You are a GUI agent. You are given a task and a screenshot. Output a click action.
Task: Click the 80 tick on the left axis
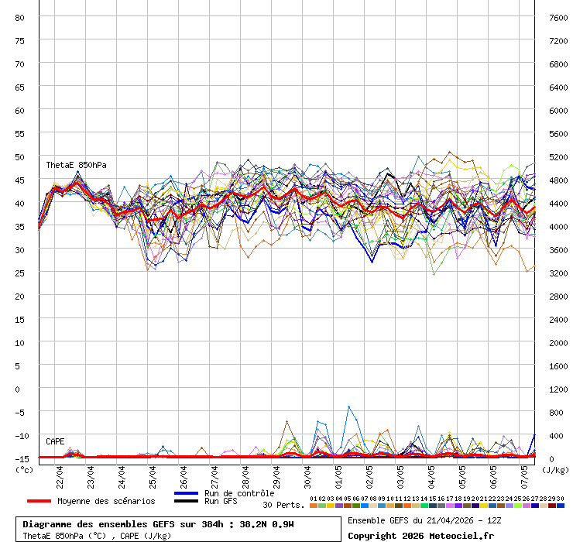[x=20, y=17]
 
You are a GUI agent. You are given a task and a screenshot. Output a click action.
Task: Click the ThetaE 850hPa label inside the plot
[x=76, y=165]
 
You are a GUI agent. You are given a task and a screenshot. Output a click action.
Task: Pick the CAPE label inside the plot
[x=55, y=441]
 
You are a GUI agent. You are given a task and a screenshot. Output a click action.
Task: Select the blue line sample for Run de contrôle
[x=187, y=493]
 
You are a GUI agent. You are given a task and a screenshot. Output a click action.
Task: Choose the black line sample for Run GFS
[x=187, y=502]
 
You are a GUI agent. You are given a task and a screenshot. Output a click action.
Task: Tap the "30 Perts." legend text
[x=284, y=505]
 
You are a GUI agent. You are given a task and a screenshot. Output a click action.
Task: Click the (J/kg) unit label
[x=554, y=469]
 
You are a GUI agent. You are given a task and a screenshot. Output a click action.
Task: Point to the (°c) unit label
[x=24, y=469]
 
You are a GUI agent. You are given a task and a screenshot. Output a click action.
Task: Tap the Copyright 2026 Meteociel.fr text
[x=420, y=536]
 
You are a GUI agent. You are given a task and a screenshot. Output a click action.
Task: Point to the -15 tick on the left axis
[x=21, y=458]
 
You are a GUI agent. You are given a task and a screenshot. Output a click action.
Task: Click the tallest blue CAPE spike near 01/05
[x=348, y=406]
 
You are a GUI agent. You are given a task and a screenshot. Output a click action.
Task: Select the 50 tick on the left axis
[x=20, y=156]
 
